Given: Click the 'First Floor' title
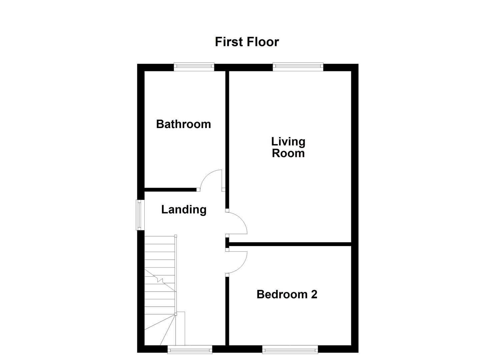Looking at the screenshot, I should tap(247, 42).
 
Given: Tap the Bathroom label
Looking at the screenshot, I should tap(183, 124).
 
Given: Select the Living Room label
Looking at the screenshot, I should tap(288, 147).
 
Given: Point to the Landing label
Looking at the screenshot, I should tap(184, 210).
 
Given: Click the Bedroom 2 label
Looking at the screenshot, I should tap(287, 294).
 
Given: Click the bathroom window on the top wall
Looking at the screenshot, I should tap(194, 67).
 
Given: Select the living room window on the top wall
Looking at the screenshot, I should tap(298, 67).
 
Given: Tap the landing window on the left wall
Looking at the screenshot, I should tap(140, 215).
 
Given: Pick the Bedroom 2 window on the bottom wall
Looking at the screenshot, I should tap(290, 349).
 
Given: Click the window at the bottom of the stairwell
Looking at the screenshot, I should tap(190, 349).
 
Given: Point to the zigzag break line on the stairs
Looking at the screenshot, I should tap(161, 280).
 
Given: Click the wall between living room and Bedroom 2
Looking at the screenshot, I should tap(290, 244).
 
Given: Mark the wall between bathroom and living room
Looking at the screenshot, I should tap(227, 133).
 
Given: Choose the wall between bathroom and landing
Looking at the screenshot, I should tap(170, 190).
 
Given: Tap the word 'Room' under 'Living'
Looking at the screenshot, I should tap(288, 153).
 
